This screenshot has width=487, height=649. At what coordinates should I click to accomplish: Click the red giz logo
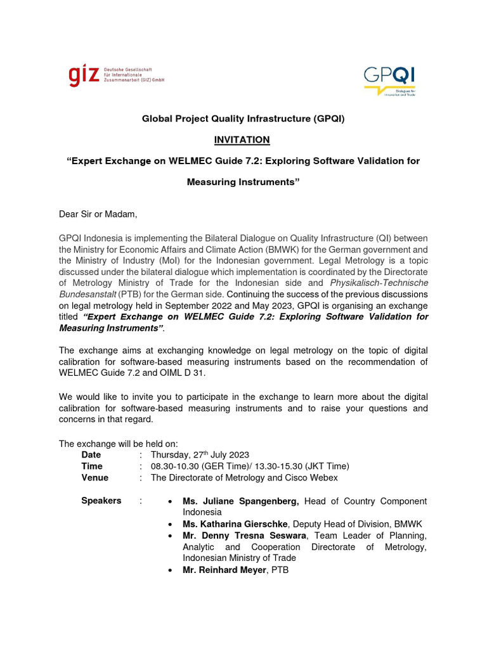(84, 75)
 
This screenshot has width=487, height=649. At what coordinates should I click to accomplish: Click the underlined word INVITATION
(243, 139)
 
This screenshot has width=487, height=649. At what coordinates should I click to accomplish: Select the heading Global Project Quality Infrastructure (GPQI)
(243, 119)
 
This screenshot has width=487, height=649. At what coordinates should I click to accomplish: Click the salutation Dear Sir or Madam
(98, 214)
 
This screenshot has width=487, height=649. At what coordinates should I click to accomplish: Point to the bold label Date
(91, 454)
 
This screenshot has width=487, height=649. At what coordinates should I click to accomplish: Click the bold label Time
(92, 466)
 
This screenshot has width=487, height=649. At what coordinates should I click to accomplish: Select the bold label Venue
(95, 477)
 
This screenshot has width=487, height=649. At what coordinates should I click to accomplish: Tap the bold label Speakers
(101, 501)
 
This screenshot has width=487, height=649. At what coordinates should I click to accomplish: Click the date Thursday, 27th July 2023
(200, 454)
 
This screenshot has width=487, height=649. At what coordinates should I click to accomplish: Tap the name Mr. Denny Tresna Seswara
(244, 536)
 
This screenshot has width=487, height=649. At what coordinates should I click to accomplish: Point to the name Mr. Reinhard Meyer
(224, 570)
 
